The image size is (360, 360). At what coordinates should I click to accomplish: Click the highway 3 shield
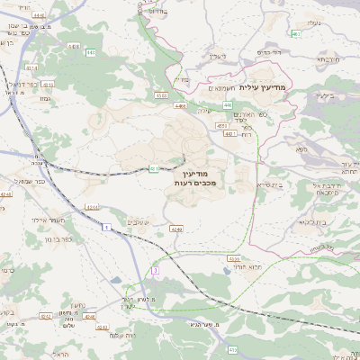pyautogui.click(x=155, y=270)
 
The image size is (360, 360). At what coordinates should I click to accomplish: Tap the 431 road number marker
pyautogui.click(x=154, y=167)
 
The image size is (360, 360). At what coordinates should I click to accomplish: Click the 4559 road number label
pyautogui.click(x=234, y=258)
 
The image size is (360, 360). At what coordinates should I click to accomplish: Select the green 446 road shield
pyautogui.click(x=228, y=104)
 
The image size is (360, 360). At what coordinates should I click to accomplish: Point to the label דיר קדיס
pyautogui.click(x=269, y=53)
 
